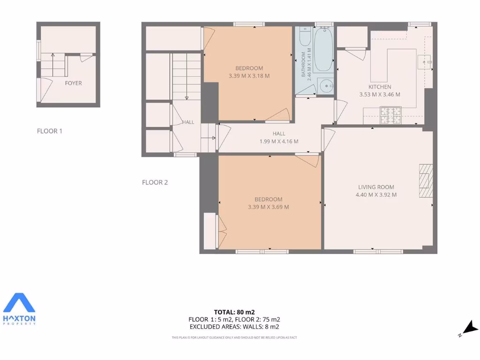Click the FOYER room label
click(73, 83)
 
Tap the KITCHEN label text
click(380, 87)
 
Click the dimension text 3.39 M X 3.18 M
click(249, 76)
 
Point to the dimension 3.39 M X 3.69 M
click(268, 207)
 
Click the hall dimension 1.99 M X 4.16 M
click(279, 141)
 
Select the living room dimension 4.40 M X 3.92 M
click(376, 195)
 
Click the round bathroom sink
click(325, 86)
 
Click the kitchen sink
click(427, 61)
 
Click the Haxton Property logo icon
click(19, 304)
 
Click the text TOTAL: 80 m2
click(234, 312)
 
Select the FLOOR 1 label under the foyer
click(50, 131)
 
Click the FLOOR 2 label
click(155, 182)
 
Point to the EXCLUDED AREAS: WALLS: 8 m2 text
click(234, 327)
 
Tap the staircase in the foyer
click(52, 65)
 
